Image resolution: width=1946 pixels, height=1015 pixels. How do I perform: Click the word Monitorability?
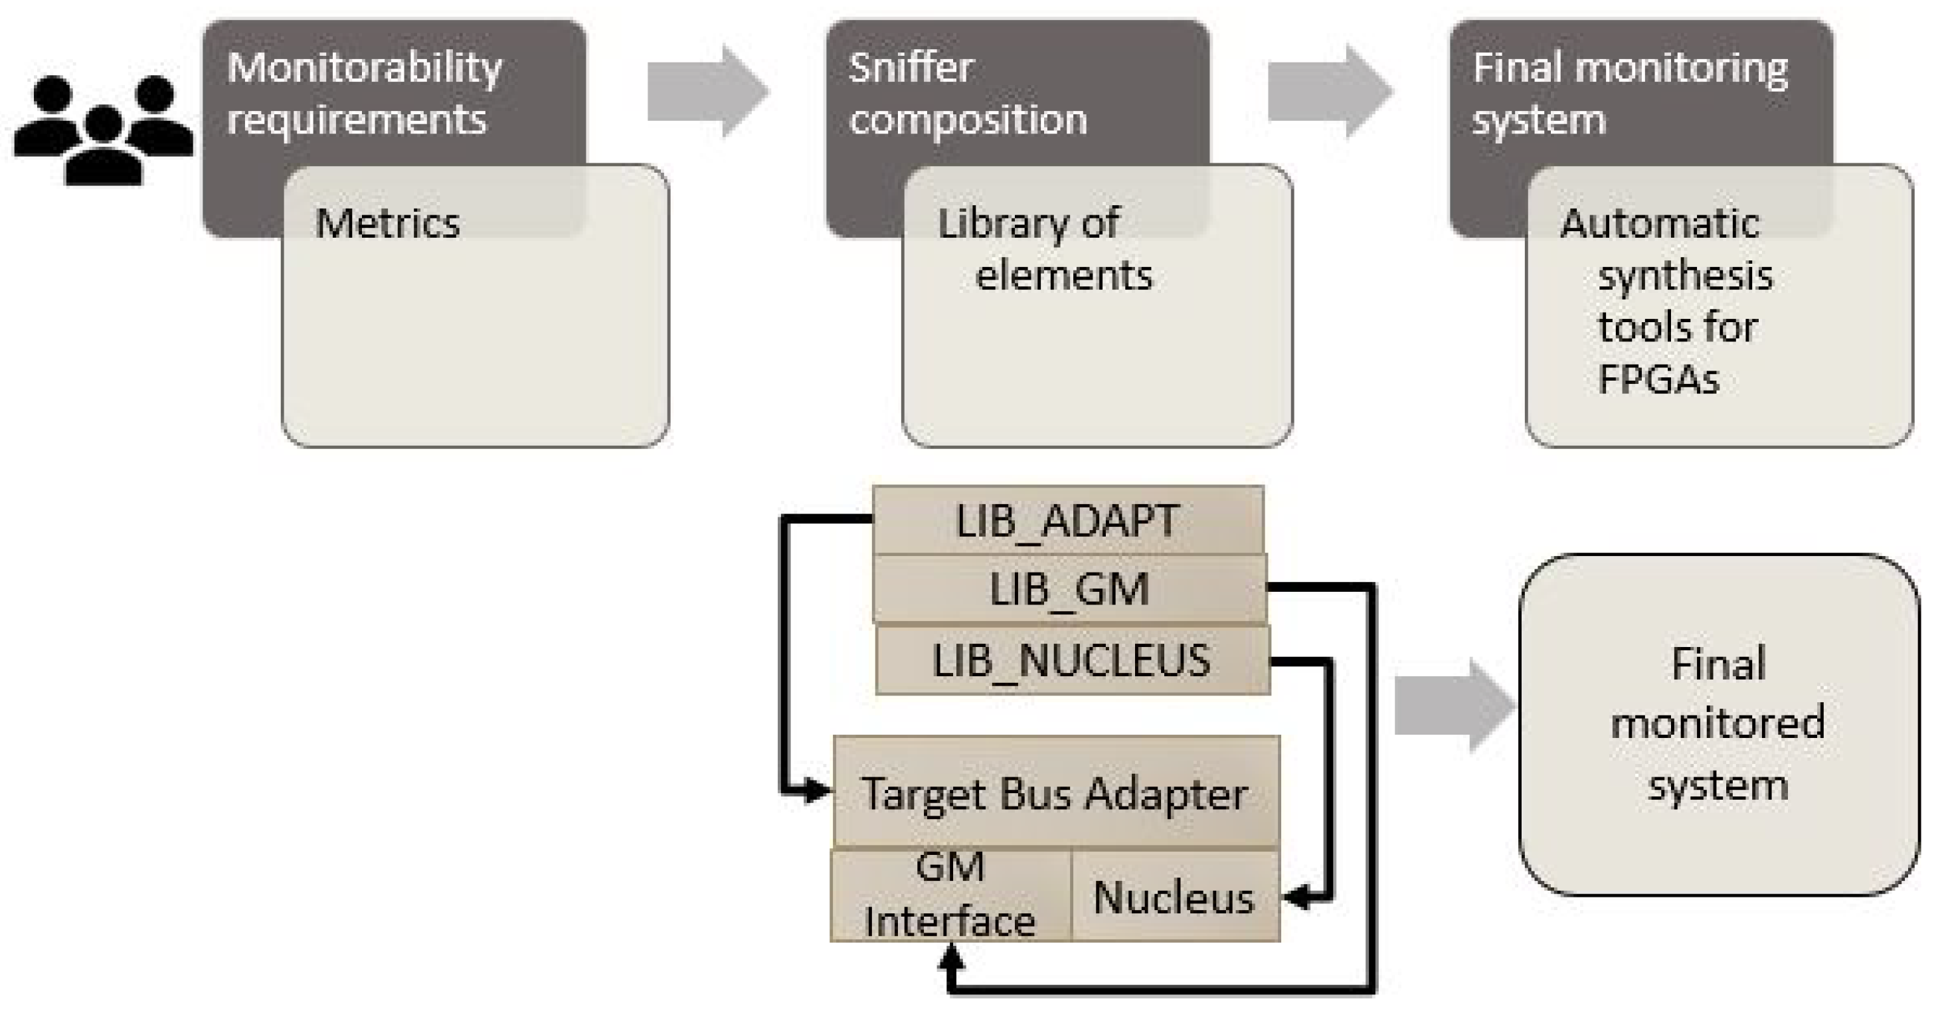click(x=364, y=68)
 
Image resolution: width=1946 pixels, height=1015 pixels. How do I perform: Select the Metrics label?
click(x=387, y=224)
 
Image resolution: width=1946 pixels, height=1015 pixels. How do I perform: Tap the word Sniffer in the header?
click(x=911, y=68)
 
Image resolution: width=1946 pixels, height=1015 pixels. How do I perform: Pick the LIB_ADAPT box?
click(x=1067, y=521)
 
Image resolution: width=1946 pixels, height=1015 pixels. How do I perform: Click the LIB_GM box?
click(x=1069, y=589)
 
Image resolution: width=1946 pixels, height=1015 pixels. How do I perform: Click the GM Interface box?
click(x=950, y=895)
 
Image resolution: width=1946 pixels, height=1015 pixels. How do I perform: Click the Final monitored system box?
click(x=1719, y=725)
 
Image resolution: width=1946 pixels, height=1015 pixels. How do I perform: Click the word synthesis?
click(x=1684, y=276)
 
